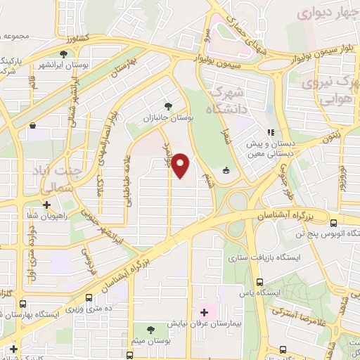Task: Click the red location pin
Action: point(181,165)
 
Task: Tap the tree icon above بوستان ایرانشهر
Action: point(64,53)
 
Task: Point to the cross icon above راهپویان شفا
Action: point(46,206)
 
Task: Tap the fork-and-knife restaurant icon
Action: point(270,131)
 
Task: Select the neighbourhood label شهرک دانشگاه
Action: point(229,101)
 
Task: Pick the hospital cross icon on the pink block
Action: point(205,311)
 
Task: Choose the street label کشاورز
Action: point(73,37)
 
